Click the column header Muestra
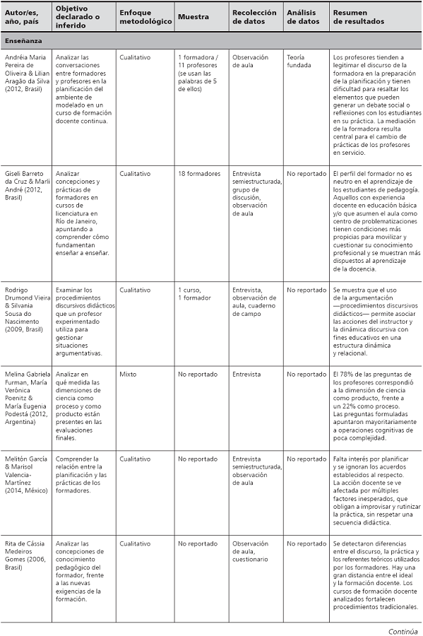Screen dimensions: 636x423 (x=193, y=16)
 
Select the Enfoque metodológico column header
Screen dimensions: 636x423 (x=145, y=16)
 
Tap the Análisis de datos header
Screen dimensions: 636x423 (x=303, y=16)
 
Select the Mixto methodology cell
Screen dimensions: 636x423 (x=128, y=375)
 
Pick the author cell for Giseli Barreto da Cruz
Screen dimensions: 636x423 (x=25, y=185)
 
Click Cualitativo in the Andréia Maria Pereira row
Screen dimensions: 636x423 (x=138, y=57)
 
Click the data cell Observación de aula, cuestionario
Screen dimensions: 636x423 (x=251, y=551)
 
